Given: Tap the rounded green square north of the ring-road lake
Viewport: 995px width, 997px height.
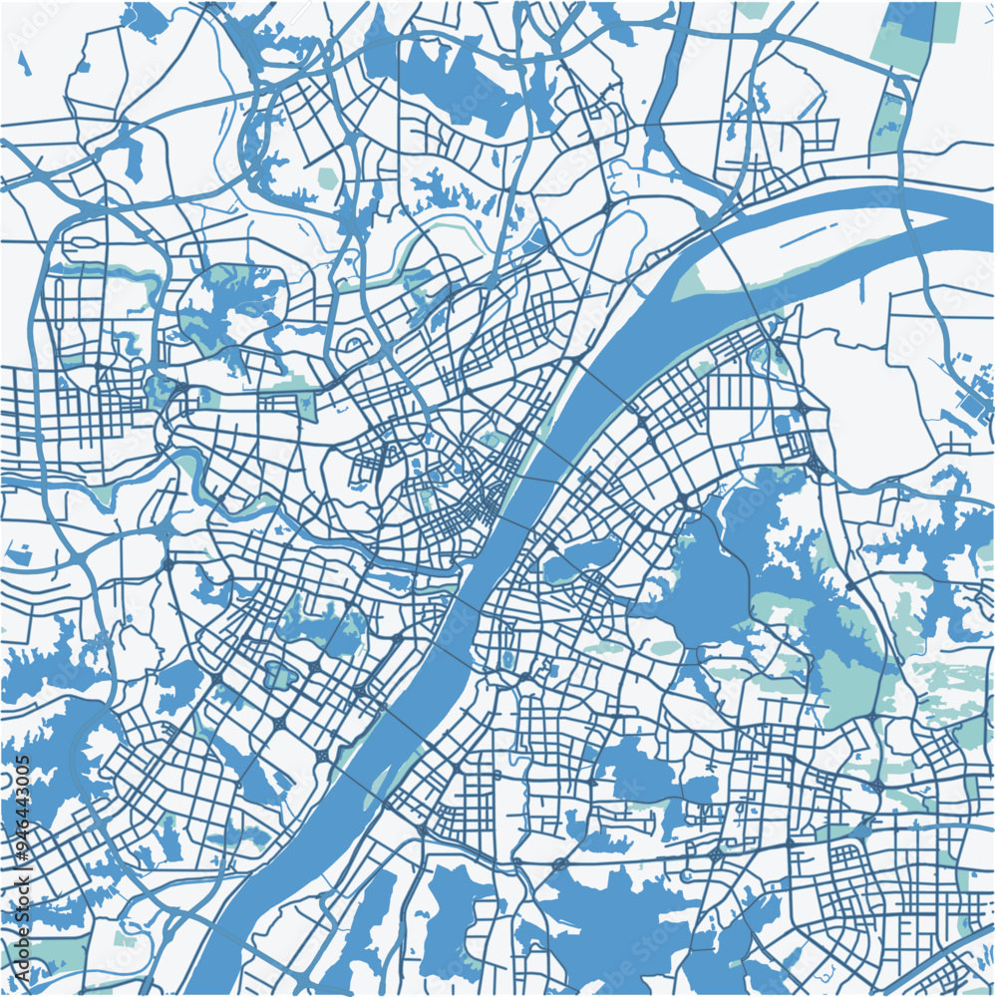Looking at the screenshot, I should tap(327, 177).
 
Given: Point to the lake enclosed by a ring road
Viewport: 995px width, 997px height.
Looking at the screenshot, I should tap(224, 309).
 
